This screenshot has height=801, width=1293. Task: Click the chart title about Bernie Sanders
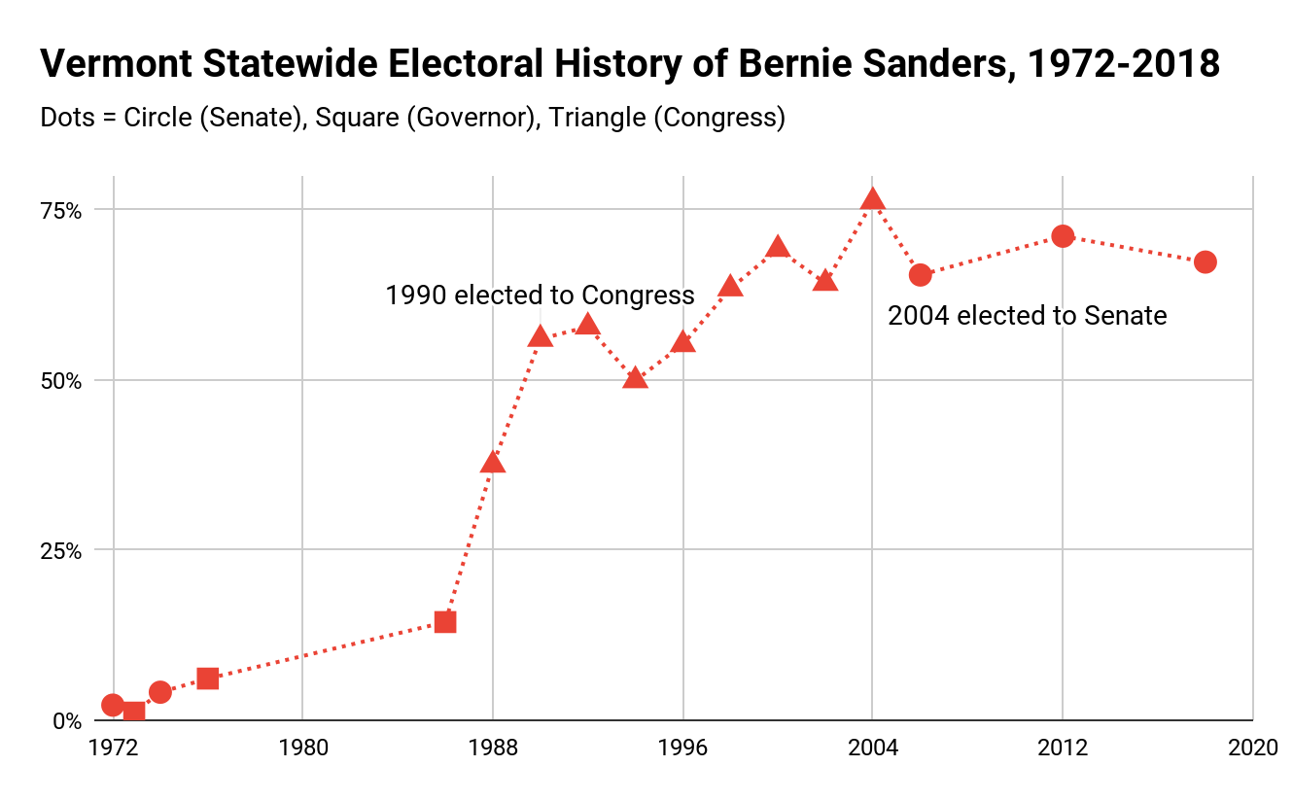[x=629, y=65]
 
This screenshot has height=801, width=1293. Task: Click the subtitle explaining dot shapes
[x=412, y=118]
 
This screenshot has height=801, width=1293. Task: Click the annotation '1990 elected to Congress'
[x=540, y=295]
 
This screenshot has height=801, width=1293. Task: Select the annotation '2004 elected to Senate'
[x=1027, y=315]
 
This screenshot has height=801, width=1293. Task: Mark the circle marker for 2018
[x=1205, y=261]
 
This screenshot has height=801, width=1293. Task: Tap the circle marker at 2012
[x=1063, y=236]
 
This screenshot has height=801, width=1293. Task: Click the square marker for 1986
[x=445, y=622]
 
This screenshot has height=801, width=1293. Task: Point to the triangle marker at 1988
[x=493, y=462]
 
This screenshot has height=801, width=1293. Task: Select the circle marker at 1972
[x=113, y=705]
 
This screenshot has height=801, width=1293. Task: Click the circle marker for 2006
[x=920, y=275]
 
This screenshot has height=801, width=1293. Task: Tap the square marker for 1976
[x=208, y=679]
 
